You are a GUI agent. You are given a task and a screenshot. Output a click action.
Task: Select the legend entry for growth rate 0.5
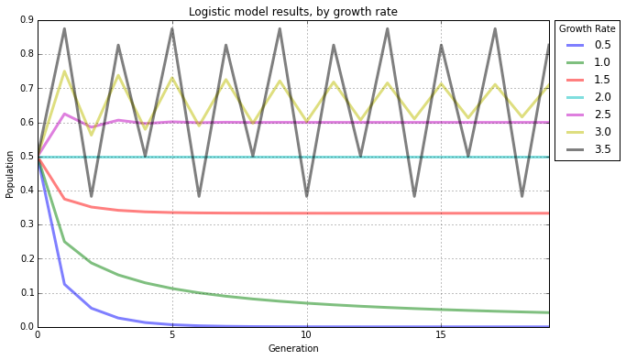coord(602,45)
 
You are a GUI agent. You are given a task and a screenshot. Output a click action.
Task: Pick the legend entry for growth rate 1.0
coord(602,62)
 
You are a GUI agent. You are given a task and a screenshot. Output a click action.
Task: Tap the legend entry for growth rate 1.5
coord(602,80)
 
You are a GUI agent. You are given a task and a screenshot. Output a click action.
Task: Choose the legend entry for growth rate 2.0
coord(602,97)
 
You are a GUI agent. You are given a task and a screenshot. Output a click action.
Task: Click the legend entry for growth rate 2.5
coord(602,115)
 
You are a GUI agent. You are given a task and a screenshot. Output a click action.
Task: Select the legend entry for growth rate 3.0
coord(602,132)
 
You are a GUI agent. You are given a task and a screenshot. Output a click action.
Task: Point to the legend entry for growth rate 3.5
coord(602,149)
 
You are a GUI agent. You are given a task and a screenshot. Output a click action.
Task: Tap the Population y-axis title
coord(10,174)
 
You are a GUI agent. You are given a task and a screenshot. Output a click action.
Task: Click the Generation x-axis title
coord(292,349)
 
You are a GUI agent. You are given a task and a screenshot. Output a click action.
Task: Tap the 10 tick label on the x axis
coord(306,336)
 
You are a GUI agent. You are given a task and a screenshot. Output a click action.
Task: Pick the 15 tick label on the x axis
coord(441,336)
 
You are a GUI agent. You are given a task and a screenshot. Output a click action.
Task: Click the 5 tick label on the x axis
coord(171,336)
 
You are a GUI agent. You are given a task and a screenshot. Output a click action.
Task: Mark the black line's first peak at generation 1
coord(64,28)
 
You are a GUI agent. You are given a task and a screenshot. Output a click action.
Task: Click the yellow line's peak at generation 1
coord(64,71)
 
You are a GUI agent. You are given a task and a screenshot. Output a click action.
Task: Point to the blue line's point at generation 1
coord(64,284)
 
